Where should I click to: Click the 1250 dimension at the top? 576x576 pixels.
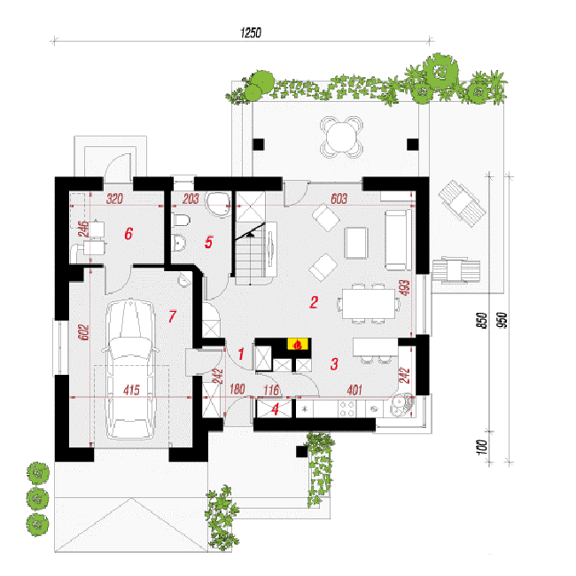click(251, 33)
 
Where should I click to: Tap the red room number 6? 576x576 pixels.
click(128, 234)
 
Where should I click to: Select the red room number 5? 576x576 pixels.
click(208, 242)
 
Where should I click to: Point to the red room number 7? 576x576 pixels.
click(172, 316)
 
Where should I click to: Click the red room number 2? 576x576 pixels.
click(314, 302)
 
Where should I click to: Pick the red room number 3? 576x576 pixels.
click(334, 363)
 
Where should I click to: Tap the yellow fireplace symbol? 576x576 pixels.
click(298, 344)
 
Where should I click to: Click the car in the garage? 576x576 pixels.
click(130, 370)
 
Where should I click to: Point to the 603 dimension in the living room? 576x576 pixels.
click(339, 198)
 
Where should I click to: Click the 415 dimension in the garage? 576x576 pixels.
click(131, 390)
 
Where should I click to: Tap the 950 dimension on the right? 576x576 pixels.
click(502, 320)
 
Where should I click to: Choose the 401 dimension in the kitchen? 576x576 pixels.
click(354, 390)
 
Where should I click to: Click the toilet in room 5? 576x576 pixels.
click(181, 221)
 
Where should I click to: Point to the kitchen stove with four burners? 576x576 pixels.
click(346, 409)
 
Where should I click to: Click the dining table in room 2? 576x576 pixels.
click(369, 304)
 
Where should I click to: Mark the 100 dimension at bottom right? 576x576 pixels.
click(483, 447)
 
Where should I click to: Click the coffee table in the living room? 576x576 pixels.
click(356, 243)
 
